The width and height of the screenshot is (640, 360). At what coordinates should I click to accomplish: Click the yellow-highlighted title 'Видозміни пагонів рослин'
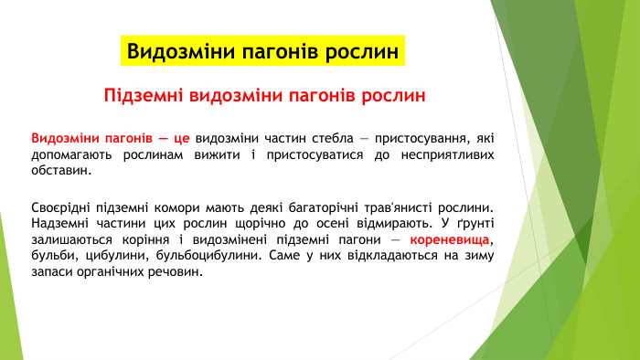pyautogui.click(x=262, y=51)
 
